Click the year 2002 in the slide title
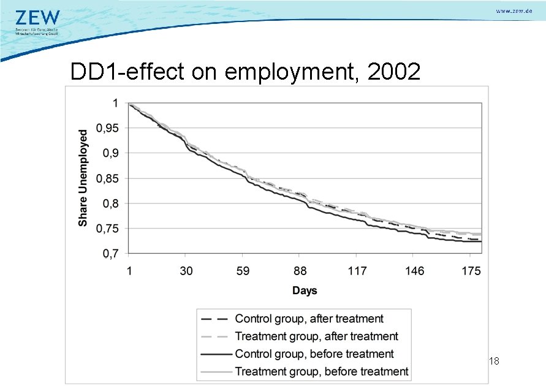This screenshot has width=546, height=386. tap(393, 72)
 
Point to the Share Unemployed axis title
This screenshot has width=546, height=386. tap(83, 178)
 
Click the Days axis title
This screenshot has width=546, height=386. tap(305, 290)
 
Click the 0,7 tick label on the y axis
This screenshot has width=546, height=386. tap(110, 253)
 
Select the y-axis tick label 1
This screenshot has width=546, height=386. tap(115, 103)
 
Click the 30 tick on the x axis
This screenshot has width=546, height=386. tap(186, 271)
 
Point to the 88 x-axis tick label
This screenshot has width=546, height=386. tap(300, 271)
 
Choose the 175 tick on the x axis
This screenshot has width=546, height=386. tap(471, 271)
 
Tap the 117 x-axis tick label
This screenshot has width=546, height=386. tap(357, 271)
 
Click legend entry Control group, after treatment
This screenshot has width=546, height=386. tap(309, 319)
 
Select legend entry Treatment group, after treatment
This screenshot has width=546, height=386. tap(316, 336)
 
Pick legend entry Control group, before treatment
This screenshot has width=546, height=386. tap(314, 354)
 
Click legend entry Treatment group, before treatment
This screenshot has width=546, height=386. tap(321, 371)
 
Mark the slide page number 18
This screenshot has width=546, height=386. tap(495, 362)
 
